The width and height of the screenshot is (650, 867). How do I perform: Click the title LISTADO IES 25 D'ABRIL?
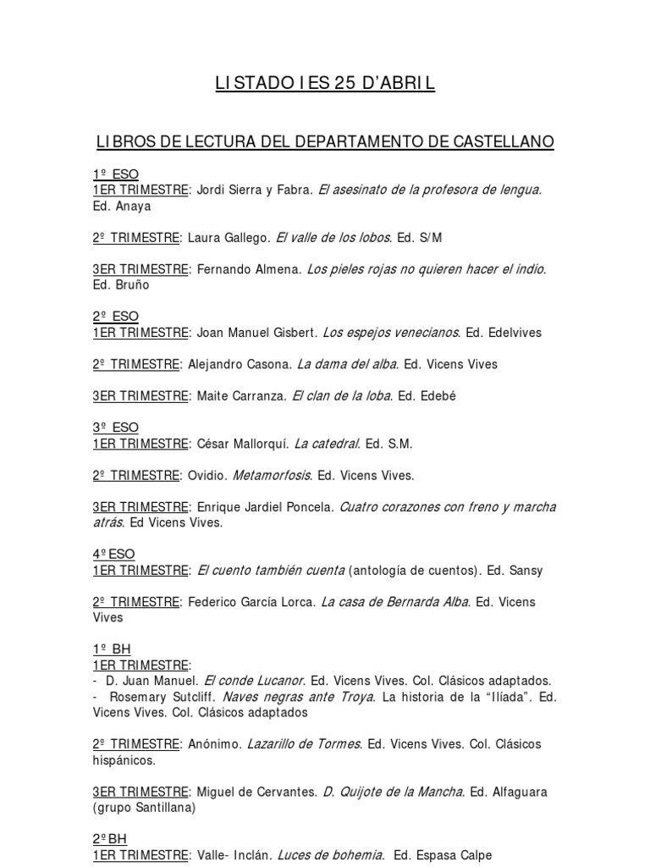point(324,84)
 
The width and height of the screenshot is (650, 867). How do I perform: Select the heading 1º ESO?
point(115,174)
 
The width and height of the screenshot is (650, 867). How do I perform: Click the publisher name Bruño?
point(130,284)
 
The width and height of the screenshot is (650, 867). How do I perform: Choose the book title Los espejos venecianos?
point(390,332)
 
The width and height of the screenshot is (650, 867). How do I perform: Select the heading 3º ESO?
point(115,428)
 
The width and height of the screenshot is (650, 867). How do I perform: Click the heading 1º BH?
point(112,649)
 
